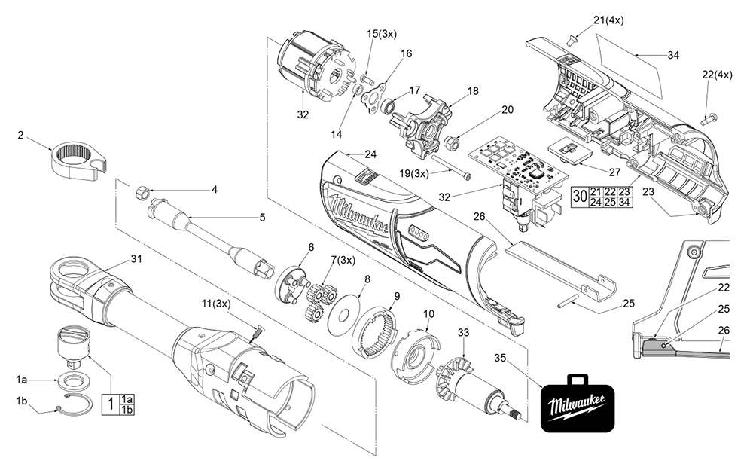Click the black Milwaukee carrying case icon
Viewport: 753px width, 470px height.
(x=578, y=404)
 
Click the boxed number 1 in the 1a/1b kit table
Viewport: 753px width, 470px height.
(x=111, y=403)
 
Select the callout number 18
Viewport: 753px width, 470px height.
(x=472, y=90)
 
